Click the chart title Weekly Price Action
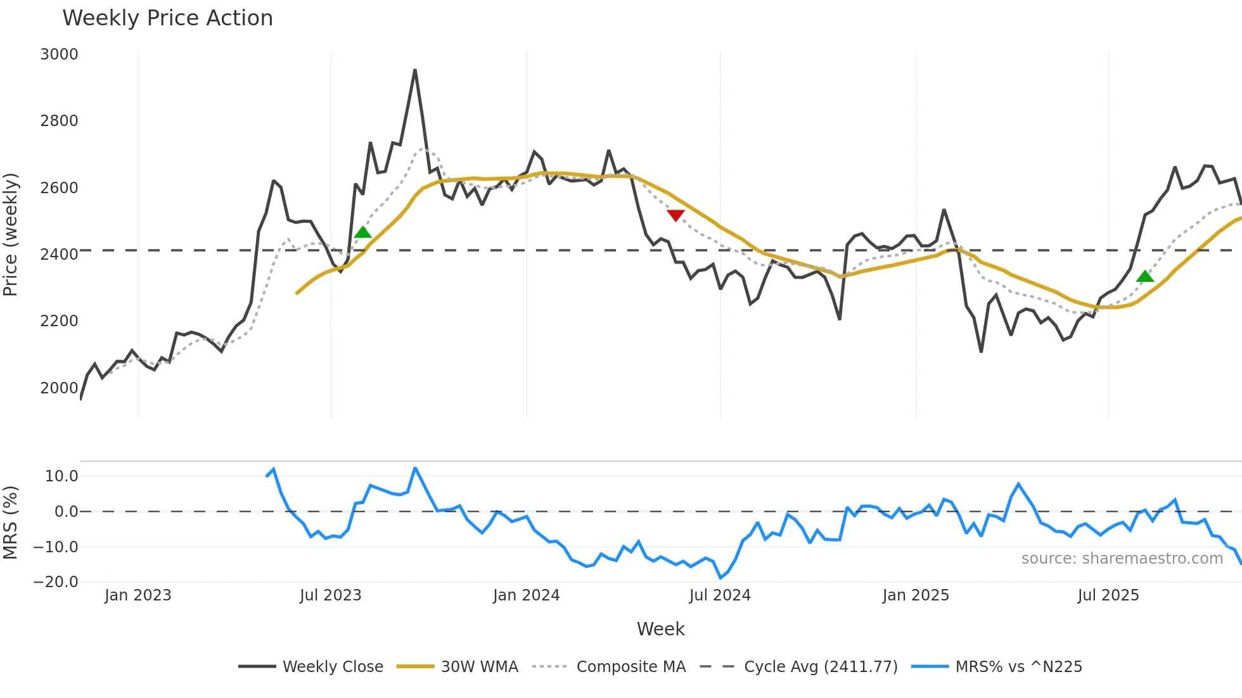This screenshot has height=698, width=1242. pyautogui.click(x=167, y=18)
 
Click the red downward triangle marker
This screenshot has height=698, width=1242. pyautogui.click(x=675, y=215)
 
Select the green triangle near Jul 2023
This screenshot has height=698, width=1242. pyautogui.click(x=362, y=232)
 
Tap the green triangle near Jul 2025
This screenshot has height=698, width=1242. pyautogui.click(x=1144, y=276)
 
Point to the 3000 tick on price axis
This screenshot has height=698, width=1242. pyautogui.click(x=59, y=54)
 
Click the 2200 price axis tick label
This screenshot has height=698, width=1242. pyautogui.click(x=59, y=321)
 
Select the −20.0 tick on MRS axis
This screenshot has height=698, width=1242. pyautogui.click(x=56, y=581)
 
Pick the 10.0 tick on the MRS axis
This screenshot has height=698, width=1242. pyautogui.click(x=61, y=476)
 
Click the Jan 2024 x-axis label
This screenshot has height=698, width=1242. pyautogui.click(x=526, y=595)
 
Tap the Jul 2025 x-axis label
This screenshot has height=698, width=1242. pyautogui.click(x=1108, y=595)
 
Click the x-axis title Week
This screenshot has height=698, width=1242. pyautogui.click(x=660, y=629)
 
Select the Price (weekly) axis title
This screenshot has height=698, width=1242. pyautogui.click(x=11, y=234)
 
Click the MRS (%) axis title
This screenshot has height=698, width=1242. pyautogui.click(x=11, y=523)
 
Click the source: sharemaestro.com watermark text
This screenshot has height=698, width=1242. pyautogui.click(x=1122, y=559)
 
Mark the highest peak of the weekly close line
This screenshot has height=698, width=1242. pyautogui.click(x=415, y=70)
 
